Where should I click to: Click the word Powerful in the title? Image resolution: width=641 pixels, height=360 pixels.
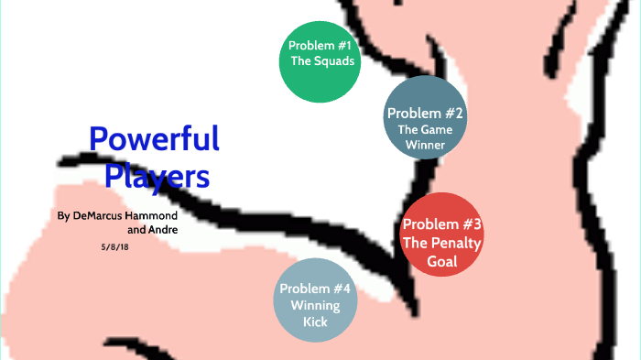(154, 140)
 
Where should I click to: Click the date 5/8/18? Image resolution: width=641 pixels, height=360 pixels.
(114, 246)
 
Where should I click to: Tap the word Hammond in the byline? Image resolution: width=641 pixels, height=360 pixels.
(152, 215)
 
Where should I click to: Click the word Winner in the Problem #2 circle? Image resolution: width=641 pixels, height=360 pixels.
(426, 145)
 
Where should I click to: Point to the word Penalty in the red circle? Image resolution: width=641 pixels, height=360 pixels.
(456, 243)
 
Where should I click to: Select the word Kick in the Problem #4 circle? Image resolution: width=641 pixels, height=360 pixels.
(315, 322)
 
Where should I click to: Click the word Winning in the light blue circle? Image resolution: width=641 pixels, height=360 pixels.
(315, 305)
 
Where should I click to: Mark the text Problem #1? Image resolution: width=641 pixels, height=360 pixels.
(320, 46)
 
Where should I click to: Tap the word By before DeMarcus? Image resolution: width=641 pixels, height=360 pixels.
(62, 215)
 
